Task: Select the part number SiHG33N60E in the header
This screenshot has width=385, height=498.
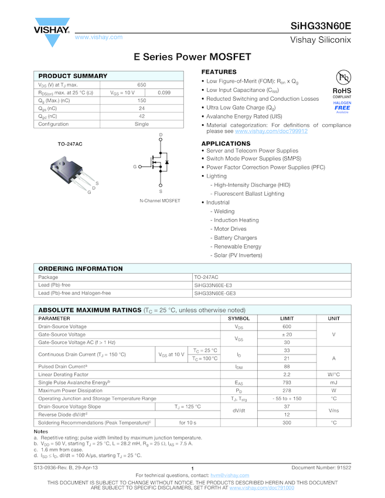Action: click(321, 26)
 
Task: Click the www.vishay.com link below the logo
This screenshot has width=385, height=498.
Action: click(98, 37)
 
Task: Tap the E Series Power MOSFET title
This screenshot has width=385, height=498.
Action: click(192, 57)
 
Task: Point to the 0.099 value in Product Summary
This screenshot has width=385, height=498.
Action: click(164, 93)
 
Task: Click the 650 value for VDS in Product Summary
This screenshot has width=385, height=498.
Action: click(142, 85)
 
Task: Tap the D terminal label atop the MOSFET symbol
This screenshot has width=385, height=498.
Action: click(161, 136)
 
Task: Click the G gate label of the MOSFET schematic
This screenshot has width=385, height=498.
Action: click(134, 167)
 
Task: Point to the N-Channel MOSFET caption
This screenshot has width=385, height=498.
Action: click(160, 201)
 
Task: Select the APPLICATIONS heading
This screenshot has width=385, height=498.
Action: click(226, 144)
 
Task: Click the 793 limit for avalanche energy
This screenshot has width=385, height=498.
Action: click(287, 382)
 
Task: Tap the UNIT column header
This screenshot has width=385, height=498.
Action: click(333, 318)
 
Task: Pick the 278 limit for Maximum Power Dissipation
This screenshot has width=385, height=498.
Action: click(287, 390)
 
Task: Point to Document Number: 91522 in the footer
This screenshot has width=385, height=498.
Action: click(321, 468)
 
